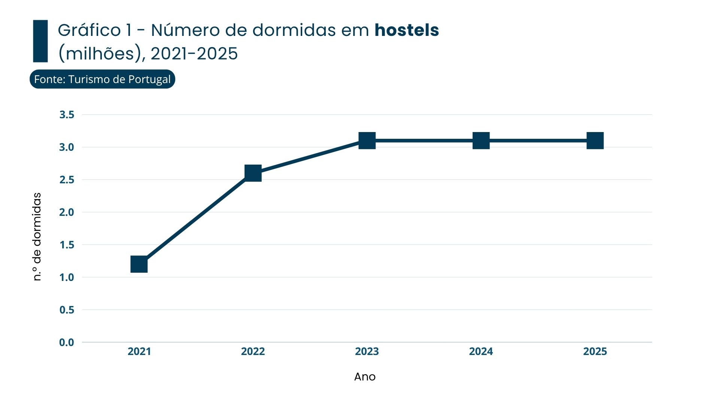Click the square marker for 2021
tap(139, 264)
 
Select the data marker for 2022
tap(253, 173)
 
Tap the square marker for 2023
tap(367, 141)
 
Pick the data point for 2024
tap(481, 141)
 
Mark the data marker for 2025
tap(595, 141)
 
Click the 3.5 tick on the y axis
tap(67, 115)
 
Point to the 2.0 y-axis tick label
tap(67, 212)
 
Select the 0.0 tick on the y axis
tap(67, 343)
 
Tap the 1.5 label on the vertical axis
tap(67, 245)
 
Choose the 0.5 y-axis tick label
tap(67, 310)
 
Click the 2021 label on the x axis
tap(139, 352)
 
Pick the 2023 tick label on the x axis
tap(367, 352)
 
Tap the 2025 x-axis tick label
tap(595, 352)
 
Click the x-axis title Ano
tap(365, 377)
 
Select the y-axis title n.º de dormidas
tap(37, 237)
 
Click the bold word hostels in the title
tap(407, 30)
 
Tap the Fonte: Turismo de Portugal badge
tap(102, 79)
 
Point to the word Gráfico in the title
tap(89, 30)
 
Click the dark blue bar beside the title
tap(40, 41)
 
